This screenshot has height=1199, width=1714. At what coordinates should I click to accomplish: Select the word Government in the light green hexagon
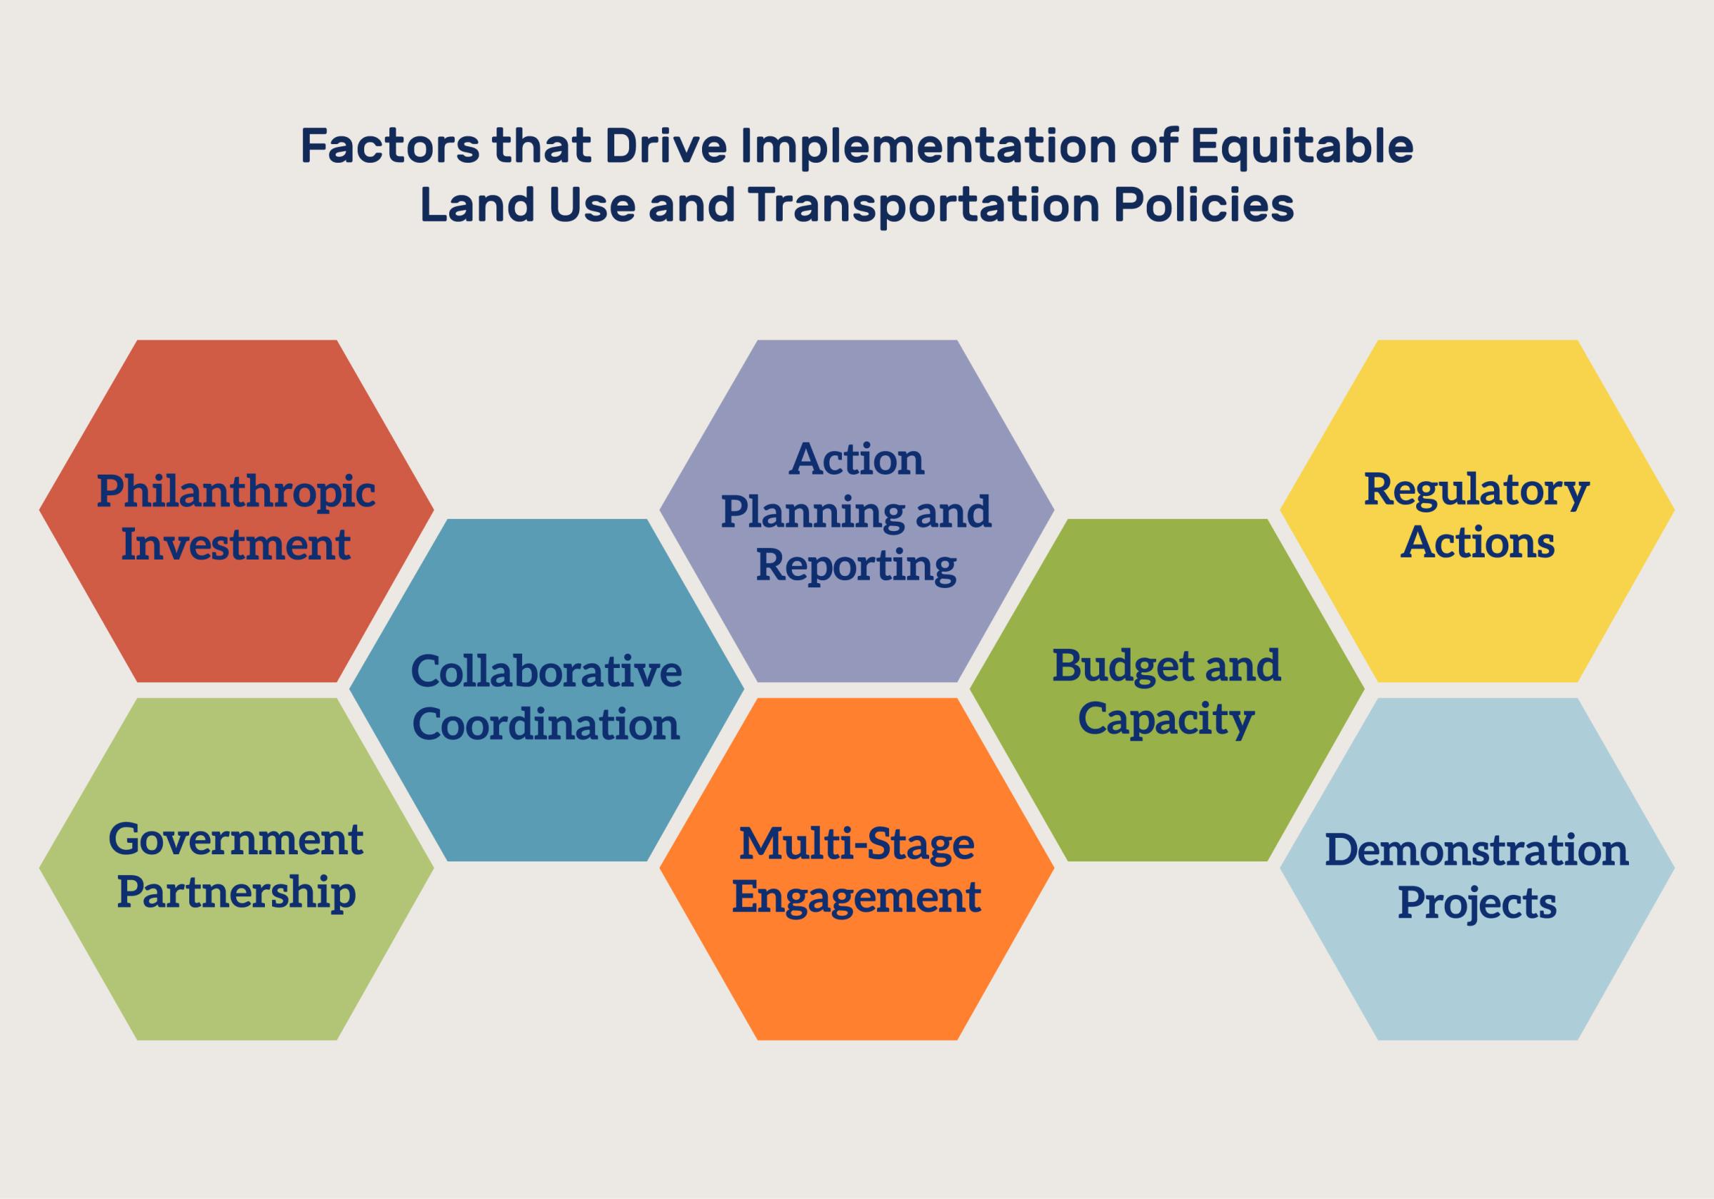[236, 839]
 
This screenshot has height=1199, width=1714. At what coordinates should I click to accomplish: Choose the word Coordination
[546, 724]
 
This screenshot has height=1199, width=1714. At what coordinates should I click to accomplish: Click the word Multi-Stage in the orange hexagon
[856, 844]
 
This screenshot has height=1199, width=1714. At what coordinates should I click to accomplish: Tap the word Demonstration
[1477, 850]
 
